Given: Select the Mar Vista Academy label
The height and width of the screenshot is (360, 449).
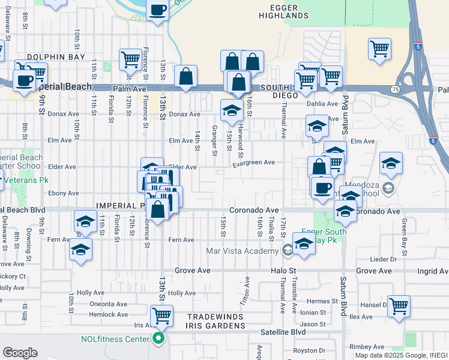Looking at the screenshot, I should [x=243, y=251].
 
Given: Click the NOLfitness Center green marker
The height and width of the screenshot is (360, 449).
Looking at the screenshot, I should [x=159, y=339].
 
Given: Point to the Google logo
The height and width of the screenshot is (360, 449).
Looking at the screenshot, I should [x=20, y=353].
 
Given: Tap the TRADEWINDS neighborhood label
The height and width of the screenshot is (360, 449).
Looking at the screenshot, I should [x=215, y=317].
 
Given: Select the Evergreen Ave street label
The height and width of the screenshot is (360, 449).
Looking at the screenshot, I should [x=254, y=163].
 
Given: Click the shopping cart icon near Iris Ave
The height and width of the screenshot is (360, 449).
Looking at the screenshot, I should [x=161, y=314].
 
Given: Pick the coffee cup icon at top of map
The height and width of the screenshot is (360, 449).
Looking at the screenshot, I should [x=157, y=10].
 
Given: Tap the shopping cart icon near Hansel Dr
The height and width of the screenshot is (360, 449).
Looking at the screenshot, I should [x=399, y=305].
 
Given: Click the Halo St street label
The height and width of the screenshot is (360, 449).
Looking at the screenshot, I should [x=280, y=271].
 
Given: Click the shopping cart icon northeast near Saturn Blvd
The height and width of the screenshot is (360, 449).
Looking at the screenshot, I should [x=379, y=48].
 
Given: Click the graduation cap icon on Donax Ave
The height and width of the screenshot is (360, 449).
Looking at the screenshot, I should [x=232, y=110].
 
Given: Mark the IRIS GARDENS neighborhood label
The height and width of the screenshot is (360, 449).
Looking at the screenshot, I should [x=215, y=326].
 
